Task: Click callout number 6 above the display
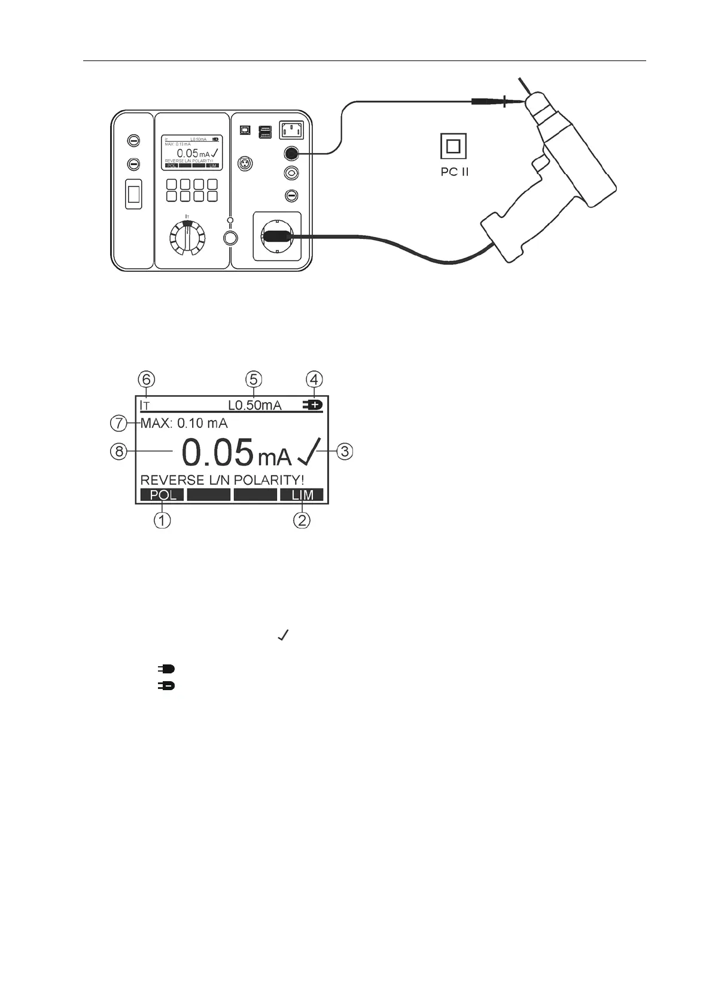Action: (147, 379)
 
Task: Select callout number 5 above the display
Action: (254, 379)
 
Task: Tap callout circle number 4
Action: (315, 379)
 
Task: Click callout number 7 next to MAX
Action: (118, 423)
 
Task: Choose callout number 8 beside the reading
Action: (119, 451)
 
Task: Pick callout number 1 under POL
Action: (162, 520)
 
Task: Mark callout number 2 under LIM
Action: (302, 520)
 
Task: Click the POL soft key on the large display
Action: (163, 495)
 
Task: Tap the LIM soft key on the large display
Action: (302, 495)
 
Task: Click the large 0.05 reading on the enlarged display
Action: (217, 453)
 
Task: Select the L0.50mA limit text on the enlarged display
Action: (254, 405)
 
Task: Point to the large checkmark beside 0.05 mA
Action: (309, 452)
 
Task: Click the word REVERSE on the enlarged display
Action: (163, 480)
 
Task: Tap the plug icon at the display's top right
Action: (313, 405)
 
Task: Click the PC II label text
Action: (453, 172)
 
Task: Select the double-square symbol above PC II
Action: (453, 146)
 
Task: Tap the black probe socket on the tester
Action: (291, 154)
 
